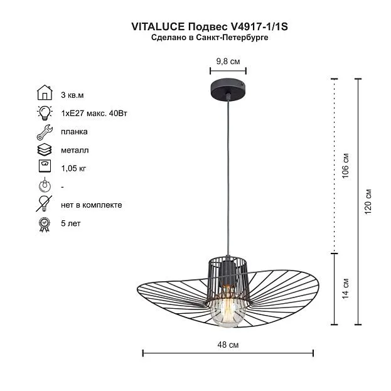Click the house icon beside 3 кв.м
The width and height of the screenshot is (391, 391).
[x=45, y=92]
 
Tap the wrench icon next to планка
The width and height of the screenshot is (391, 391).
[x=45, y=132]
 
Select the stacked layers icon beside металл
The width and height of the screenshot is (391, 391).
[x=45, y=150]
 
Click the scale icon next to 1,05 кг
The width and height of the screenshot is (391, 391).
[x=45, y=166]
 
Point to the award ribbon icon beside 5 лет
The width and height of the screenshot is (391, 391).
[x=45, y=225]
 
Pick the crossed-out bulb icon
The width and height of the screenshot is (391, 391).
[x=44, y=204]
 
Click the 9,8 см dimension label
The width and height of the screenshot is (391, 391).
[x=228, y=61]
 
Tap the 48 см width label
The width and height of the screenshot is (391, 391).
[x=228, y=345]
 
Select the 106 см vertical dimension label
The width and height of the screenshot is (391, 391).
[x=345, y=166]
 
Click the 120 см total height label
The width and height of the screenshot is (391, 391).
[x=368, y=202]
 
